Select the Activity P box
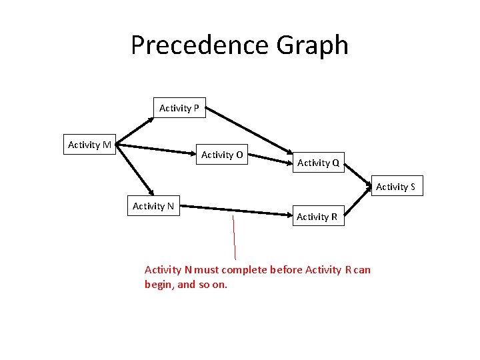179,108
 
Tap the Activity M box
89,145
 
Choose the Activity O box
222,155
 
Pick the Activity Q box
318,163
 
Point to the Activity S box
395,187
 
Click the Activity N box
153,207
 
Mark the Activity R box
317,217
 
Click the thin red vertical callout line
234,237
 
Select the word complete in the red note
245,270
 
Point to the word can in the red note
363,270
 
